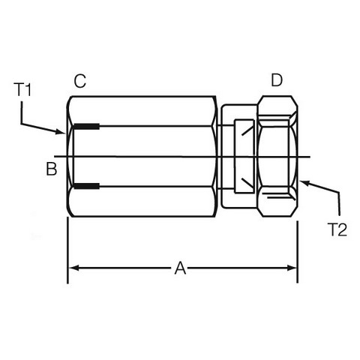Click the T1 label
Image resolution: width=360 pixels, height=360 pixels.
pyautogui.click(x=22, y=90)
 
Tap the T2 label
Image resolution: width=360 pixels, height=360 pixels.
pyautogui.click(x=337, y=229)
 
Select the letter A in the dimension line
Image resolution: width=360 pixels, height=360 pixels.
pyautogui.click(x=180, y=268)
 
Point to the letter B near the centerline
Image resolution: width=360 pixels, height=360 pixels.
pyautogui.click(x=52, y=169)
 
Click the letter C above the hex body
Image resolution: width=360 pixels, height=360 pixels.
pyautogui.click(x=80, y=81)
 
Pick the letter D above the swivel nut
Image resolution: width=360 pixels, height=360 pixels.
pyautogui.click(x=277, y=80)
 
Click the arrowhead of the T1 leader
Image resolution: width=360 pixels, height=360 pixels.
pyautogui.click(x=61, y=132)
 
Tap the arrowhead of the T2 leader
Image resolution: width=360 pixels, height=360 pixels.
pyautogui.click(x=304, y=182)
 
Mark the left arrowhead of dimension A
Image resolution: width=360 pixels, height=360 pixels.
pyautogui.click(x=73, y=268)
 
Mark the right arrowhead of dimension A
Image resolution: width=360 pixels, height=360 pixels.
pyautogui.click(x=292, y=268)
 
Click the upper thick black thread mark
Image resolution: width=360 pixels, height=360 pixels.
pyautogui.click(x=86, y=127)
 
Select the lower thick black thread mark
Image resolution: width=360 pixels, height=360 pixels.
pyautogui.click(x=86, y=186)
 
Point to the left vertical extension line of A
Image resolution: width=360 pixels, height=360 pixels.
pyautogui.click(x=67, y=250)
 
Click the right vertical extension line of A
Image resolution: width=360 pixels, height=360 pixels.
pyautogui.click(x=297, y=252)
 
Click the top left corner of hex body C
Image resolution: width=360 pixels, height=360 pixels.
pyautogui.click(x=72, y=97)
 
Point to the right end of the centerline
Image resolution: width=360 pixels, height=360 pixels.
pyautogui.click(x=310, y=157)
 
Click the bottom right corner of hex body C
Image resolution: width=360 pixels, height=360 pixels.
pyautogui.click(x=215, y=216)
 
